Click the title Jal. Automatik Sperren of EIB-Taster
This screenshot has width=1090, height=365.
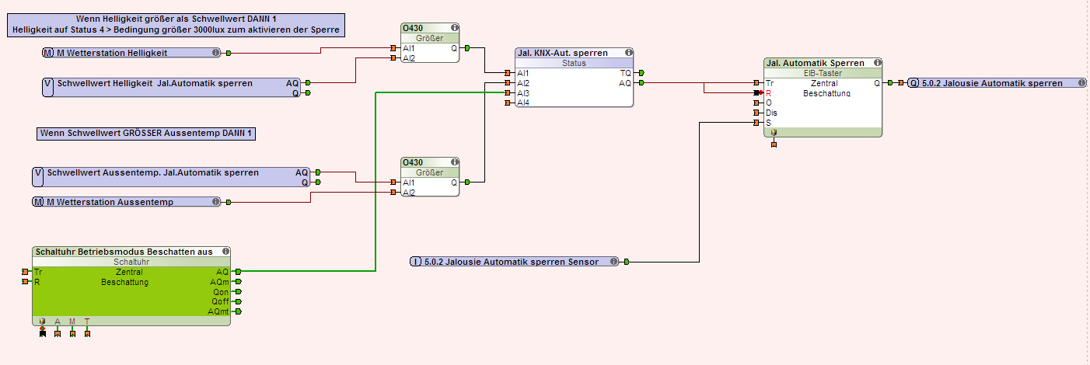point(816,63)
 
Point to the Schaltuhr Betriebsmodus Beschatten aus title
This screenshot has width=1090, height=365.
point(123,252)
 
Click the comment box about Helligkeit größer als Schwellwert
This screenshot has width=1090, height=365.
point(177,24)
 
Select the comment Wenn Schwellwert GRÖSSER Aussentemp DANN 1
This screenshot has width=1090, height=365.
point(146,134)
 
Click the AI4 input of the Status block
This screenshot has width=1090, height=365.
point(523,103)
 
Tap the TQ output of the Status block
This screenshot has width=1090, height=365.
point(625,73)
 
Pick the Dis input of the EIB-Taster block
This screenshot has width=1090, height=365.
point(771,113)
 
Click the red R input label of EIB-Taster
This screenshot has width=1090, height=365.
point(769,92)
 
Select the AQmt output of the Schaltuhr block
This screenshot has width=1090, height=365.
point(218,311)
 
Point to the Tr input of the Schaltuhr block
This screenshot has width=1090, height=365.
point(37,272)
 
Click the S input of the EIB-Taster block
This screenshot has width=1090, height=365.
point(769,123)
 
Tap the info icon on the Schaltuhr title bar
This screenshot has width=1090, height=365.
point(225,252)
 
